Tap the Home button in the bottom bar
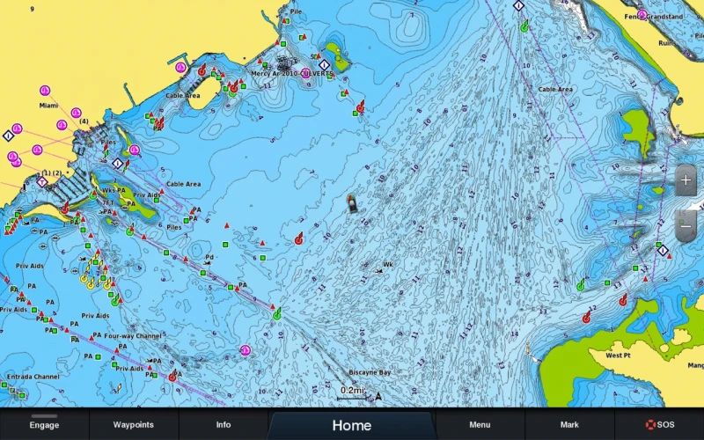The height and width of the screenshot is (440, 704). pyautogui.click(x=351, y=425)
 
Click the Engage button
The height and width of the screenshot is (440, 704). pyautogui.click(x=44, y=425)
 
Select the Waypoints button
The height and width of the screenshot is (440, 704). pyautogui.click(x=134, y=425)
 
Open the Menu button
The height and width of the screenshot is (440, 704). pyautogui.click(x=480, y=425)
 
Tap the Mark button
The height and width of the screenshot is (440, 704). pyautogui.click(x=569, y=425)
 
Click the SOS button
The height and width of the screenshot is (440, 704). pyautogui.click(x=659, y=425)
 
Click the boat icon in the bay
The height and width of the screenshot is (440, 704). pyautogui.click(x=352, y=203)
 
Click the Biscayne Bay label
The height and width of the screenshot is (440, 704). pyautogui.click(x=370, y=372)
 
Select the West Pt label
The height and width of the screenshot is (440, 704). pyautogui.click(x=619, y=356)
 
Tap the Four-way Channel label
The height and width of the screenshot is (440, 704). pyautogui.click(x=133, y=336)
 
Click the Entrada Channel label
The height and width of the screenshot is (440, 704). pyautogui.click(x=33, y=377)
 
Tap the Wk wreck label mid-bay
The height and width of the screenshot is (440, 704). pyautogui.click(x=388, y=265)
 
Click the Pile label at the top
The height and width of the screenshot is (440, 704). pyautogui.click(x=296, y=11)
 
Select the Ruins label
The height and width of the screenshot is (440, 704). pyautogui.click(x=666, y=41)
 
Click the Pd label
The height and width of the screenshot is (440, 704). pyautogui.click(x=209, y=258)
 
